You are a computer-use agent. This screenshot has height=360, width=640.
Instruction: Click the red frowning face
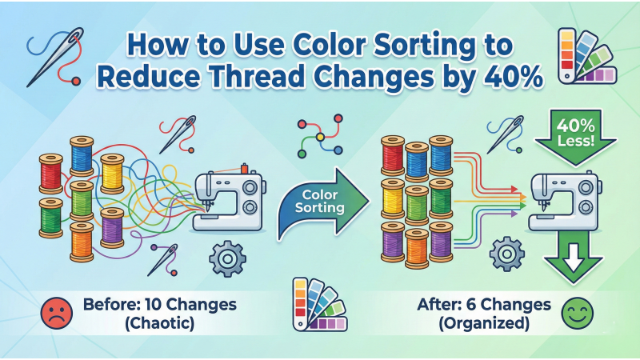click(x=54, y=313)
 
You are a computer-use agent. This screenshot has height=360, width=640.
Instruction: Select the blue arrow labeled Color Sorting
click(x=320, y=203)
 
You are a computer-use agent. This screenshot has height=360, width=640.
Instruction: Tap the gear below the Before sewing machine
click(x=225, y=257)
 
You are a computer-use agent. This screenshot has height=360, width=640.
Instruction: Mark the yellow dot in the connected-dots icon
click(x=322, y=137)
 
